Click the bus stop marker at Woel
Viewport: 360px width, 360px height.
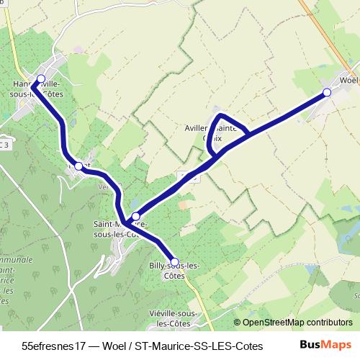click(327, 92)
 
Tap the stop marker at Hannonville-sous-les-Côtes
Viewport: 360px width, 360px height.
click(41, 79)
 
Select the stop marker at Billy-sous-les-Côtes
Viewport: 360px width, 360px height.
click(174, 262)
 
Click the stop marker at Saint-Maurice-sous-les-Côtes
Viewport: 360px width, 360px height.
click(135, 216)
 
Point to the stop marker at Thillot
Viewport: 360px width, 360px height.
click(78, 166)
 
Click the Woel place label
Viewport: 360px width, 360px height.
click(349, 81)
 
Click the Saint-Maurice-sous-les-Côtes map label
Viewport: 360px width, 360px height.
click(120, 233)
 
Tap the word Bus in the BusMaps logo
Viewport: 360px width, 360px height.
click(310, 345)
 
